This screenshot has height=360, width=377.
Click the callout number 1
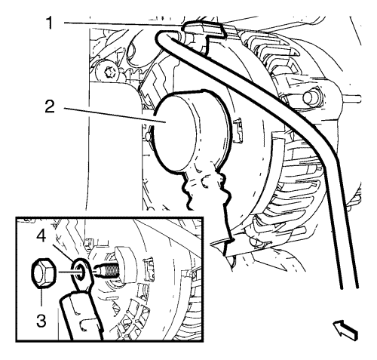[x=50, y=23]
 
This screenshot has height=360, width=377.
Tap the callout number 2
[x=50, y=106]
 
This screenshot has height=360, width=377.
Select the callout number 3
[x=41, y=320]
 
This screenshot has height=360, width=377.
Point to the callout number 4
[x=41, y=235]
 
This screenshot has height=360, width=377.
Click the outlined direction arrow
[x=345, y=330]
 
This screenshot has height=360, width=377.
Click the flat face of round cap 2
[x=174, y=133]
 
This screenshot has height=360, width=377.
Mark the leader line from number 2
[x=115, y=115]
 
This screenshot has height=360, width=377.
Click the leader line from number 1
[x=122, y=24]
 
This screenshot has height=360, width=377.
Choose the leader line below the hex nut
[x=41, y=297]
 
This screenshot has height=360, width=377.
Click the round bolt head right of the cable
[x=312, y=96]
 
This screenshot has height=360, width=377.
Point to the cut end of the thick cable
[x=349, y=287]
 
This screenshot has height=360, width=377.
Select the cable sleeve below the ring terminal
[x=81, y=316]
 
